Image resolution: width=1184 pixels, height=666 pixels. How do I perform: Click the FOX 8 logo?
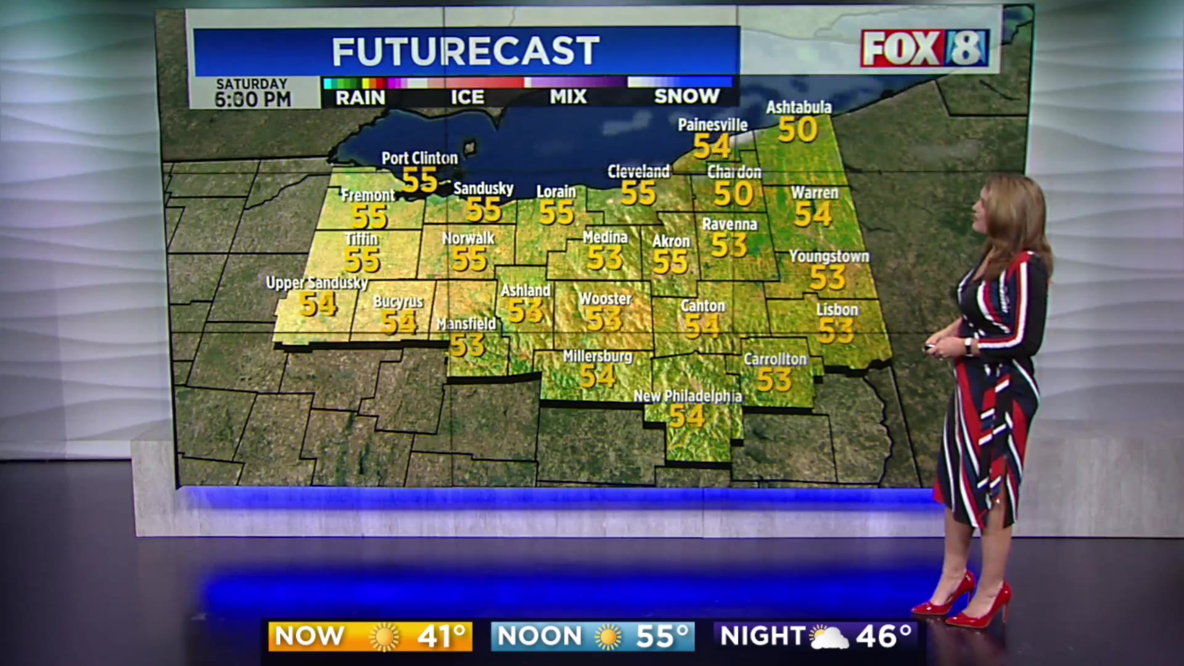tap(925, 48)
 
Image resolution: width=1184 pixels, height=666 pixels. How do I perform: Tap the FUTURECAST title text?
tap(466, 51)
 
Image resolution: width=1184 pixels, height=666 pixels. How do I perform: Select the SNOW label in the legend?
tap(686, 96)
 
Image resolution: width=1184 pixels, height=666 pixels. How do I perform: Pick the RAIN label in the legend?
tap(360, 97)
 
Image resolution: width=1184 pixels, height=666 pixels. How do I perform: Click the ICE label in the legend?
tap(467, 97)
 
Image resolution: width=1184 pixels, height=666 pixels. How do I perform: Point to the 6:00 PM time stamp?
tap(253, 99)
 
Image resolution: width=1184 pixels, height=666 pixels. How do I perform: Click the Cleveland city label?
tap(638, 171)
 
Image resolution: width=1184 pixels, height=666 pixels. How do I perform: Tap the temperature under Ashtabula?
tap(797, 129)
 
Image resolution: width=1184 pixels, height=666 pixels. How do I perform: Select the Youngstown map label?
tap(829, 256)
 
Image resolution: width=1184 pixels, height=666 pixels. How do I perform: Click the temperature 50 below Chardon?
tap(733, 194)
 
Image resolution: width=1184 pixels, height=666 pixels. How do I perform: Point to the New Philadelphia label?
tap(688, 396)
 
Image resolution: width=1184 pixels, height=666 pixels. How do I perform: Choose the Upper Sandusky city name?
tap(316, 283)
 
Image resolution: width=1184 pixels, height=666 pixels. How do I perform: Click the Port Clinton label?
tap(419, 158)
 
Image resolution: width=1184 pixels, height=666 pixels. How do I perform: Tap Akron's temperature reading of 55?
tap(670, 262)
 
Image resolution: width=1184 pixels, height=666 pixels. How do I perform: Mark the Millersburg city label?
tap(598, 356)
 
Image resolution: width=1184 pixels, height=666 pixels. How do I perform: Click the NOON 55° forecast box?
tap(593, 636)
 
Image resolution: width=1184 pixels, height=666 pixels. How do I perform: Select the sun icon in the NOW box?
tap(384, 637)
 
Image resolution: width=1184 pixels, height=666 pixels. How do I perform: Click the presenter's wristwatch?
tap(969, 347)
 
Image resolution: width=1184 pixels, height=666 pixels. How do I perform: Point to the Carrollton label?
tap(775, 359)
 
